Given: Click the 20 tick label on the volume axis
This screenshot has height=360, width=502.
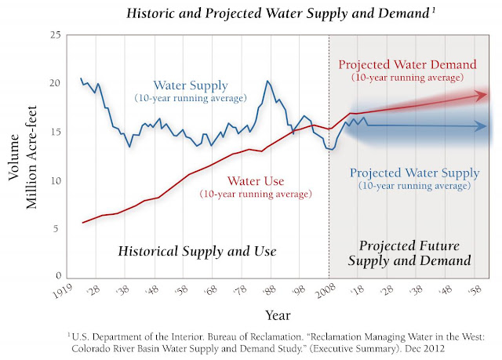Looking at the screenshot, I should [55, 84].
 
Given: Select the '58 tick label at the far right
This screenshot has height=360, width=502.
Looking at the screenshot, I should [475, 291].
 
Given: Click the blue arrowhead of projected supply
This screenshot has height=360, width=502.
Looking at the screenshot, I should [482, 126].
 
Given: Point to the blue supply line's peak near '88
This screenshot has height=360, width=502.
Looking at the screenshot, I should [267, 81].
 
